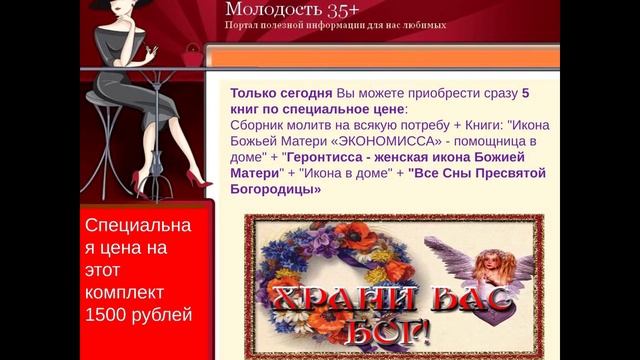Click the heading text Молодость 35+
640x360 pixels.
282,9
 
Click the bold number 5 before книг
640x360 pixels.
526,92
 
